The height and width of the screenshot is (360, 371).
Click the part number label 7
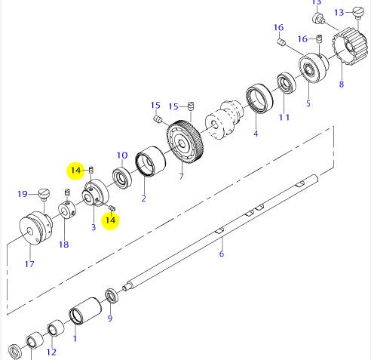point(182,177)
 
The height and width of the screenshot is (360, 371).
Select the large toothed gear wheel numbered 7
point(185,142)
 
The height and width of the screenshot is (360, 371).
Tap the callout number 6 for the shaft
point(222,254)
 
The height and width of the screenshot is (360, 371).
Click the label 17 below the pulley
point(29,264)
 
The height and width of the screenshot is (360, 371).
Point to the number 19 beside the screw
point(23,194)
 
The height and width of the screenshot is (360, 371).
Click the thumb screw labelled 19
point(44,195)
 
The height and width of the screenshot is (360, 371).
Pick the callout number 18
point(64,245)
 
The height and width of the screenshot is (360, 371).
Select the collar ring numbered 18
point(67,210)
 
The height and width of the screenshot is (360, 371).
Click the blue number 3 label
point(94,227)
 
